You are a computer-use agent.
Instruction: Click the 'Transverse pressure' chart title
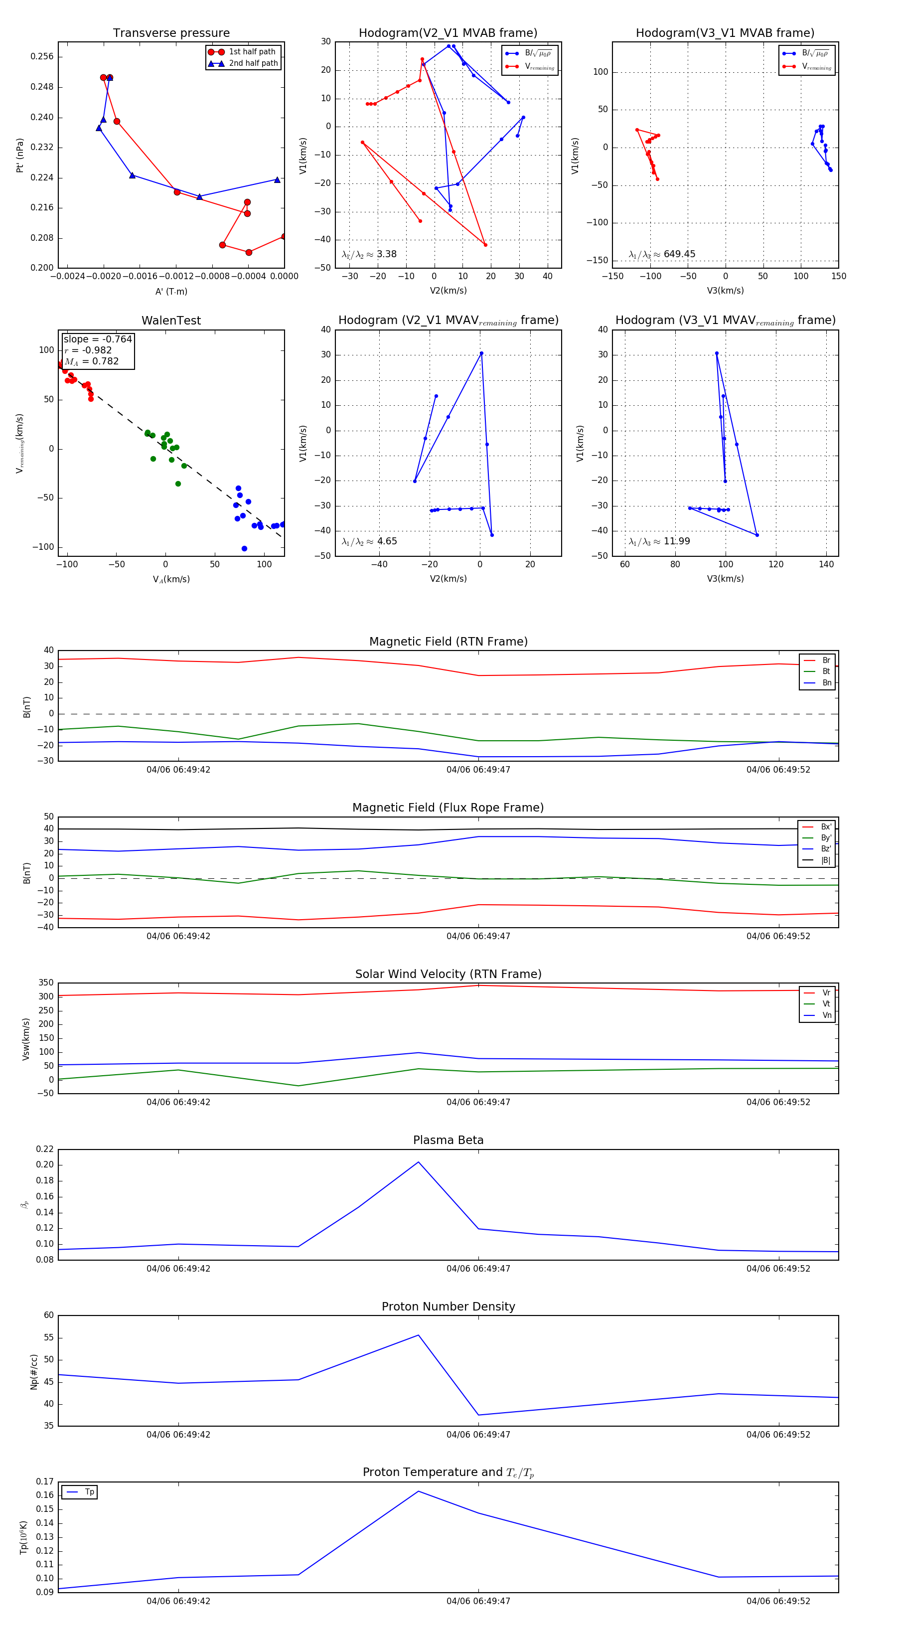(x=171, y=33)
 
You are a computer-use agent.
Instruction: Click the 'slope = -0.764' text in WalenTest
(x=98, y=339)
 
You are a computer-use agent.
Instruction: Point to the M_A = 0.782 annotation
(x=91, y=361)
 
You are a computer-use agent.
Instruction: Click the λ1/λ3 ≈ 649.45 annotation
(x=662, y=254)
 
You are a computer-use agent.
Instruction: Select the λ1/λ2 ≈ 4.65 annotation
(x=369, y=541)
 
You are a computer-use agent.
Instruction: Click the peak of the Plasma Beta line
(x=419, y=1161)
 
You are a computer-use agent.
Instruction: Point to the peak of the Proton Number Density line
(x=419, y=1334)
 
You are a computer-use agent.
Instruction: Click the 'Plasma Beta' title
(x=448, y=1140)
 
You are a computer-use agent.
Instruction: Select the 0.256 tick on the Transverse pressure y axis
(x=42, y=57)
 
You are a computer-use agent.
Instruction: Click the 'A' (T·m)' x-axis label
(x=171, y=292)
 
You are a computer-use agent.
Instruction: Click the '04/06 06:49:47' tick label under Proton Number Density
(x=478, y=1434)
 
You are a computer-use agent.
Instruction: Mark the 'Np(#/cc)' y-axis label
(x=34, y=1372)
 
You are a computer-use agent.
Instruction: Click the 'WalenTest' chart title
(x=171, y=321)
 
